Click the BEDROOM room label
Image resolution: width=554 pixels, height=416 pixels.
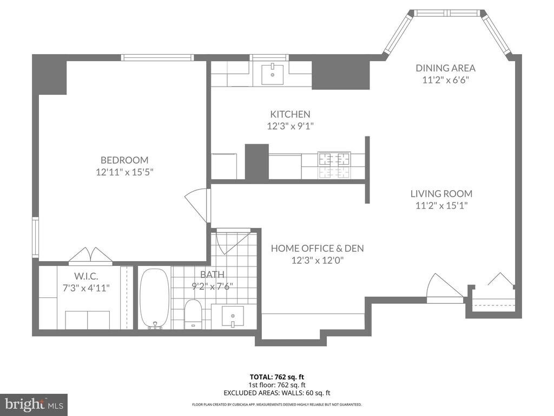coord(124,160)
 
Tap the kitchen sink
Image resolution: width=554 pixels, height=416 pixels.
coord(273,74)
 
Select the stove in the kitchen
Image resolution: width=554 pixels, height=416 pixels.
coord(334,165)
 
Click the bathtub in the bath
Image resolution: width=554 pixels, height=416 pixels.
coord(154,299)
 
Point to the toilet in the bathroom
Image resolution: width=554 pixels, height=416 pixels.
coord(193,314)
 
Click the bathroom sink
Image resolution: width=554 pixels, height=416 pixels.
coord(233,316)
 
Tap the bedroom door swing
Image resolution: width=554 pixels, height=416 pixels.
coord(197,205)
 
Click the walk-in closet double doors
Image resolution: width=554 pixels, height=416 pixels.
coord(91,256)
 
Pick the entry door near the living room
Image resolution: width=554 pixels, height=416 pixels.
coord(445,287)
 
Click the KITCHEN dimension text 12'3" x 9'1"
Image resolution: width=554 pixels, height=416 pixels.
coord(291,126)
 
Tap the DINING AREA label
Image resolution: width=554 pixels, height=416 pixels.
coord(446,68)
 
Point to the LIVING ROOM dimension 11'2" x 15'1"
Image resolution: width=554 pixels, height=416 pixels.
coord(441,205)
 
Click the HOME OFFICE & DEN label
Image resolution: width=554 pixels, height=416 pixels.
coord(317,248)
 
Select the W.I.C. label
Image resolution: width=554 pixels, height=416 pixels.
coord(86,276)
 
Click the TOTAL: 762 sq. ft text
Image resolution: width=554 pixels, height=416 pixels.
coord(276,377)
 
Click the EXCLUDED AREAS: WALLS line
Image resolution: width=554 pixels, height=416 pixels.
coord(277,393)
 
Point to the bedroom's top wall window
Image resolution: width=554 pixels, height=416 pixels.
coord(157,57)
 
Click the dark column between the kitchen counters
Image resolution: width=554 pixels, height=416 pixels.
coord(257,161)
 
